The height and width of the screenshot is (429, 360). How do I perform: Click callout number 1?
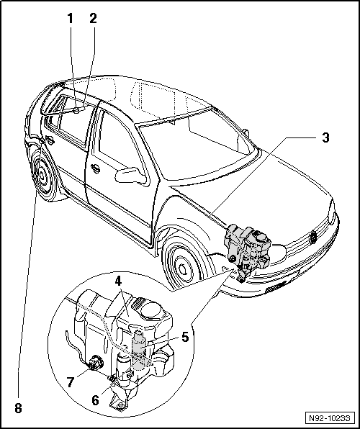tap(71, 19)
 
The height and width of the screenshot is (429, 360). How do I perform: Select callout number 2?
tap(93, 19)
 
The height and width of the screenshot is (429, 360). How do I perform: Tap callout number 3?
tap(325, 137)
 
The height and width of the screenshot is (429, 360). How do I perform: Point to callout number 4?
tap(117, 282)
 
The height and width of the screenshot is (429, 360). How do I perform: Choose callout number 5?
tap(185, 338)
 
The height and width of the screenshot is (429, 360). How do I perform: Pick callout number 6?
tap(95, 400)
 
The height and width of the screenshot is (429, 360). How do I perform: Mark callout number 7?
tap(71, 382)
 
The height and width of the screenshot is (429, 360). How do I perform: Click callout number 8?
tap(18, 409)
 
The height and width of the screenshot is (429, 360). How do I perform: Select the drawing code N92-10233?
tap(330, 418)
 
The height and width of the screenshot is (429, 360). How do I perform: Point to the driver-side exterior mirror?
tap(130, 176)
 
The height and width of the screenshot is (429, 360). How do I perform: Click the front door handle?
tap(96, 168)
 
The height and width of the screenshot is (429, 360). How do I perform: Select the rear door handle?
tap(50, 140)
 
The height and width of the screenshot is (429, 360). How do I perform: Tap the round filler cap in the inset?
tap(150, 310)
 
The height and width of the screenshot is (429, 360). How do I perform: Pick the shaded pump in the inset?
tap(140, 350)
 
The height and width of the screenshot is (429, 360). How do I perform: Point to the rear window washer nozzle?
tap(76, 110)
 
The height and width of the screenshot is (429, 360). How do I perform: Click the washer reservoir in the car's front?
tap(248, 246)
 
